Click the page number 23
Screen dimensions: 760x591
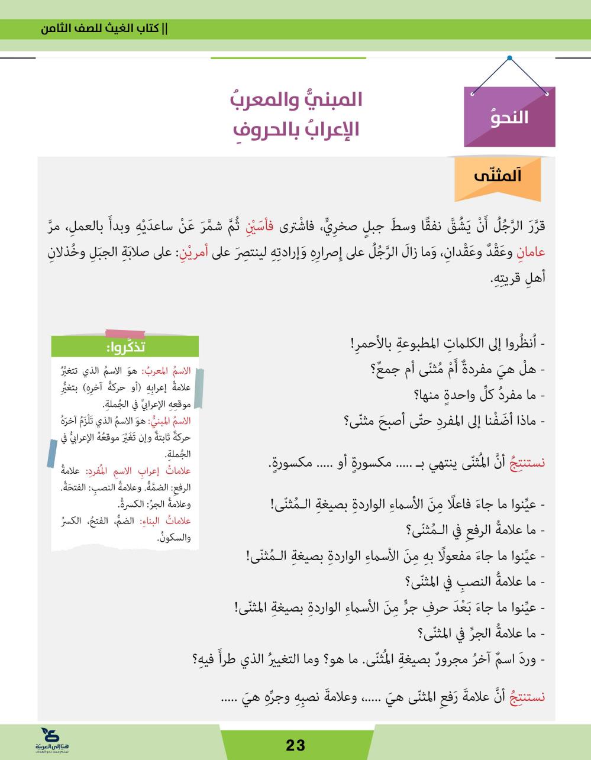(x=295, y=745)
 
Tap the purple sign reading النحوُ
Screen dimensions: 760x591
(x=510, y=117)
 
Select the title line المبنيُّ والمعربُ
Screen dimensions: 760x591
(x=295, y=99)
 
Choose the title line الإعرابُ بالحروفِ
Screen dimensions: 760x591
(x=295, y=129)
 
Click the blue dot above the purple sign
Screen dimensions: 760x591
(x=509, y=59)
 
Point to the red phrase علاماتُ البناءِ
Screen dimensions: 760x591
(x=172, y=521)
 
